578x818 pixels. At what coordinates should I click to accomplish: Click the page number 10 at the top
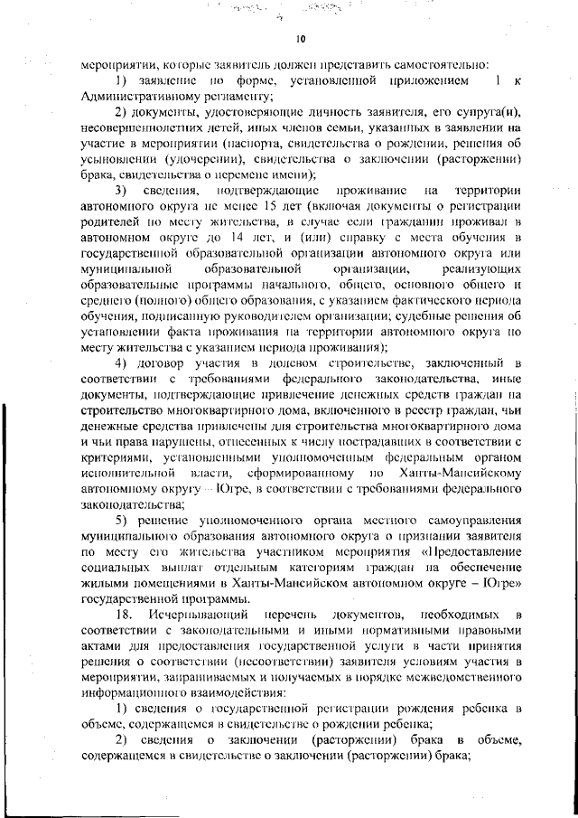click(301, 38)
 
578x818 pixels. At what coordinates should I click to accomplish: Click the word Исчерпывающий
click(198, 616)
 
